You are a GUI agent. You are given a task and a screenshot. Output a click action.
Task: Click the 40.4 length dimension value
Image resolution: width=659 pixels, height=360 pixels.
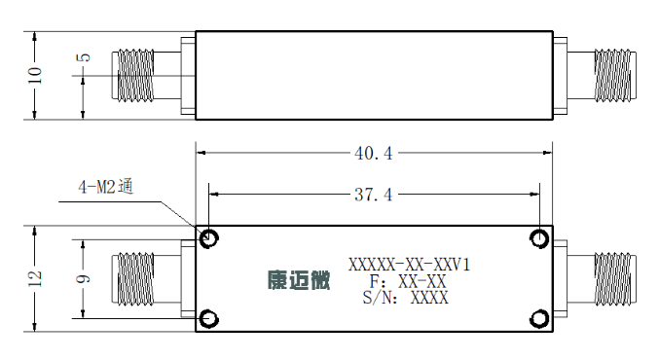pyautogui.click(x=373, y=154)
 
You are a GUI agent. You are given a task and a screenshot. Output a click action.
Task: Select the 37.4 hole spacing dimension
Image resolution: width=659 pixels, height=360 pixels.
pyautogui.click(x=373, y=195)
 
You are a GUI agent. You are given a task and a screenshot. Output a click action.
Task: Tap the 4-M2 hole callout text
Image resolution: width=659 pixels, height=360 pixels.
pyautogui.click(x=106, y=186)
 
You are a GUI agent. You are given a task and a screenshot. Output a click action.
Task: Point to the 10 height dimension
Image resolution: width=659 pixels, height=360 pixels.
pyautogui.click(x=35, y=75)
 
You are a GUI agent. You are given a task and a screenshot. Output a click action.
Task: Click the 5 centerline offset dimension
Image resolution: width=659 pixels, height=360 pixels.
pyautogui.click(x=85, y=57)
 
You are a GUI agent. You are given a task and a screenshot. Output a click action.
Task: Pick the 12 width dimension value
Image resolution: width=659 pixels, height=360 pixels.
pyautogui.click(x=35, y=278)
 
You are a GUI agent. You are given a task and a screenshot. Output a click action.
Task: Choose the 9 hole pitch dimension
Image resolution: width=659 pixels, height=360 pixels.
pyautogui.click(x=83, y=279)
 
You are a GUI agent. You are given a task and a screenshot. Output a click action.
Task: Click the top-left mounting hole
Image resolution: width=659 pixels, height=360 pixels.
pyautogui.click(x=209, y=238)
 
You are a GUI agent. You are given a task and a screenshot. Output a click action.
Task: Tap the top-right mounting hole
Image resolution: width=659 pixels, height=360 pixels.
pyautogui.click(x=539, y=238)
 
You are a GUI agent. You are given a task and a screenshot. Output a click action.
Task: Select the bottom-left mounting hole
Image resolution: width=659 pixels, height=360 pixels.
pyautogui.click(x=209, y=319)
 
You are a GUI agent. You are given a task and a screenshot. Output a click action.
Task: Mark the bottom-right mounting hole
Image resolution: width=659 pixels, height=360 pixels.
pyautogui.click(x=539, y=319)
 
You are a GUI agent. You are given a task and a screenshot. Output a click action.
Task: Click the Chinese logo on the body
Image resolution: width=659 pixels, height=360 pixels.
pyautogui.click(x=299, y=280)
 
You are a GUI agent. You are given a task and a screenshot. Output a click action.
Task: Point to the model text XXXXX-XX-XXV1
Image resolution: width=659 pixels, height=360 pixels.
pyautogui.click(x=409, y=265)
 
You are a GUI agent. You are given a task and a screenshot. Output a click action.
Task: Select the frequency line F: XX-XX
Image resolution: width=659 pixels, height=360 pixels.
pyautogui.click(x=407, y=281)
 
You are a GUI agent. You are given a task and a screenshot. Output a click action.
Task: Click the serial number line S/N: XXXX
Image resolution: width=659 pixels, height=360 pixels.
pyautogui.click(x=406, y=298)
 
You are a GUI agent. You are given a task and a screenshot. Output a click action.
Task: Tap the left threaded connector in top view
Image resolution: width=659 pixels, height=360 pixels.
pyautogui.click(x=132, y=76)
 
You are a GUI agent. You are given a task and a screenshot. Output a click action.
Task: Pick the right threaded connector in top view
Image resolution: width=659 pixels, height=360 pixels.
pyautogui.click(x=614, y=76)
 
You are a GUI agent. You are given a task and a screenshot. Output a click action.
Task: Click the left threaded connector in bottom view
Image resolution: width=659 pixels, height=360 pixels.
pyautogui.click(x=132, y=279)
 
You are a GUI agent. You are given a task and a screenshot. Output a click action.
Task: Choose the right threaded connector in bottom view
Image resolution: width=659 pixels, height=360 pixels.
pyautogui.click(x=614, y=279)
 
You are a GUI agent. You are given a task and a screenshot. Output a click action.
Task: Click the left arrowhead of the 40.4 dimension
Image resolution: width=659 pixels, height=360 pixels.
pyautogui.click(x=201, y=153)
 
